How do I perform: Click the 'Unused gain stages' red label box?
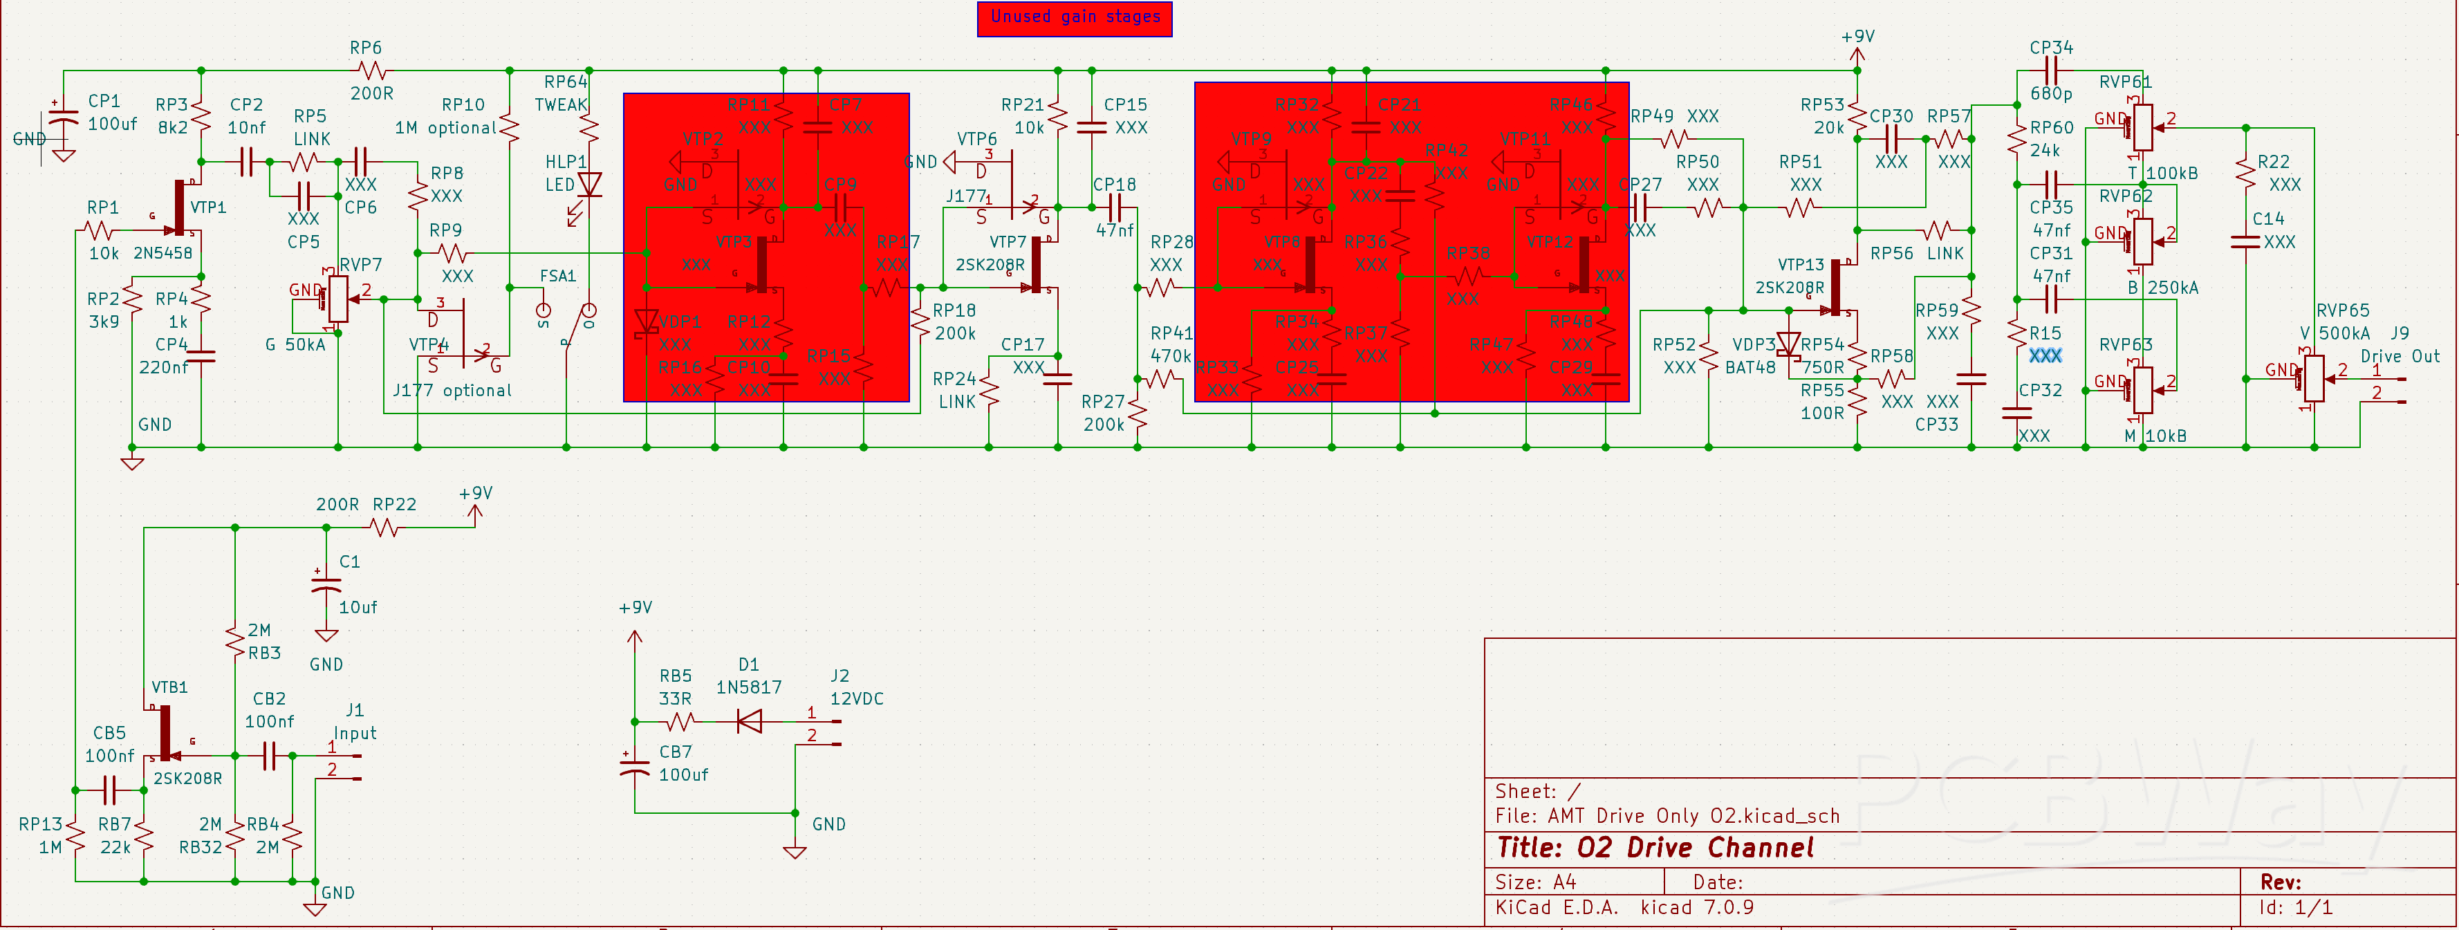click(x=1074, y=18)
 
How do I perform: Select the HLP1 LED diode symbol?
click(x=590, y=185)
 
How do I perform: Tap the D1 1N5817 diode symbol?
click(x=750, y=721)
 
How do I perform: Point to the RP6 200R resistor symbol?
click(x=371, y=71)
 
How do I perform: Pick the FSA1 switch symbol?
click(x=567, y=325)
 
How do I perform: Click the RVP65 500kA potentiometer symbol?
click(x=2314, y=379)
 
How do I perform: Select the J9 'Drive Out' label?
click(x=2399, y=356)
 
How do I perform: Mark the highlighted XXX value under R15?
click(x=2045, y=355)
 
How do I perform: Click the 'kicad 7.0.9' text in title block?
click(x=1696, y=907)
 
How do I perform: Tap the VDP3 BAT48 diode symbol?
click(x=1788, y=345)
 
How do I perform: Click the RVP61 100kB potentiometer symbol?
click(x=2143, y=127)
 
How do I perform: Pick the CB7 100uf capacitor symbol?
click(x=635, y=765)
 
